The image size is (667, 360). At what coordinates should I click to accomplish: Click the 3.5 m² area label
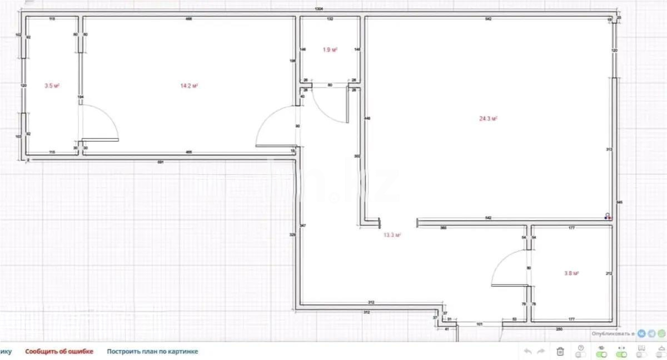(52, 86)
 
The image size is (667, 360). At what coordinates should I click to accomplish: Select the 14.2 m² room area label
(189, 86)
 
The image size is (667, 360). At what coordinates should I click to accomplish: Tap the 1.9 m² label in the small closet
(330, 49)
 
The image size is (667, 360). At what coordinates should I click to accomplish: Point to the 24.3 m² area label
(488, 118)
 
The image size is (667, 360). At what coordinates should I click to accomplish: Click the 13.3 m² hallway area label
(392, 235)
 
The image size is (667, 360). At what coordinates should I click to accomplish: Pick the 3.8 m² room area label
(572, 273)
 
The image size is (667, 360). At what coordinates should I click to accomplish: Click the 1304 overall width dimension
(319, 9)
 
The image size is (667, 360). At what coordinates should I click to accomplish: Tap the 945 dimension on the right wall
(620, 203)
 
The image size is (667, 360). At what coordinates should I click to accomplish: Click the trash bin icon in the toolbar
(561, 351)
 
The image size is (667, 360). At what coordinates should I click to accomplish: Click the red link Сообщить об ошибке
(59, 351)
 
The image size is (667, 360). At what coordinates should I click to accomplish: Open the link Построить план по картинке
(152, 351)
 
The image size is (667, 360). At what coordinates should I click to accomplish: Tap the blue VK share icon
(642, 333)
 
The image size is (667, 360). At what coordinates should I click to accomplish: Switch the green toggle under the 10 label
(601, 354)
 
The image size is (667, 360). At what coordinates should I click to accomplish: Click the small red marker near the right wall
(610, 218)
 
